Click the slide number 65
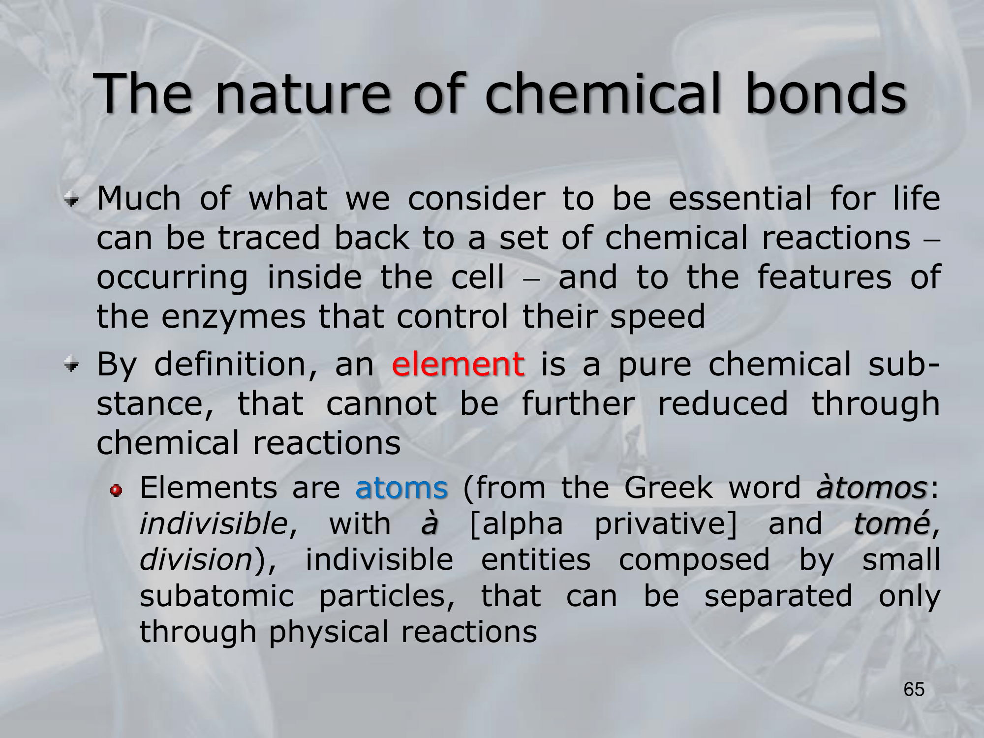pos(914,689)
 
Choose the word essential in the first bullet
pos(740,198)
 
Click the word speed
pos(658,317)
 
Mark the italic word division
pos(196,559)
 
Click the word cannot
pos(381,404)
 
